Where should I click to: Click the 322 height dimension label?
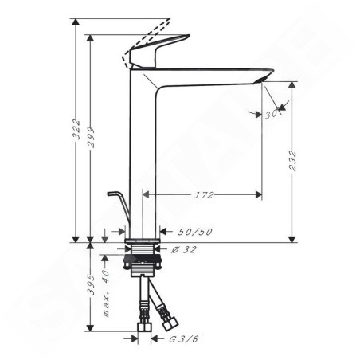(76, 129)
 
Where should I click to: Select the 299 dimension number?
(91, 137)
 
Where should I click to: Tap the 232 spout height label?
(292, 161)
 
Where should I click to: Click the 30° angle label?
(272, 115)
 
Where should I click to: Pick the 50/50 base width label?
(195, 232)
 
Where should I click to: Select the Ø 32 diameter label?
(184, 249)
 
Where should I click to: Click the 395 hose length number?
(91, 284)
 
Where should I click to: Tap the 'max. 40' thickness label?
(106, 293)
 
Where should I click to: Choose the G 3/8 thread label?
(184, 339)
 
